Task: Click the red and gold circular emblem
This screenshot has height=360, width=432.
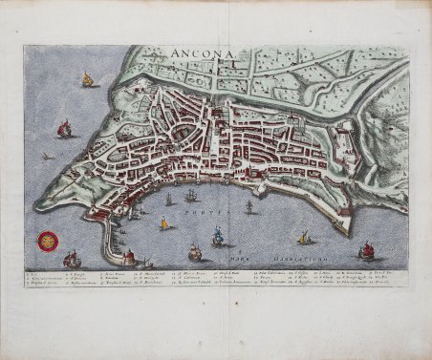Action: [x=44, y=243]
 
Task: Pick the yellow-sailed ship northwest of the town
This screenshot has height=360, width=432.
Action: [x=87, y=81]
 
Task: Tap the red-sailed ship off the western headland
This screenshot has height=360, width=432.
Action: [x=64, y=128]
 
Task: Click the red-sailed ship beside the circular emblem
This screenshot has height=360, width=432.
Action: [x=71, y=258]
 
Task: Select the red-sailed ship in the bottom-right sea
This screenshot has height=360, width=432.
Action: [x=366, y=250]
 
